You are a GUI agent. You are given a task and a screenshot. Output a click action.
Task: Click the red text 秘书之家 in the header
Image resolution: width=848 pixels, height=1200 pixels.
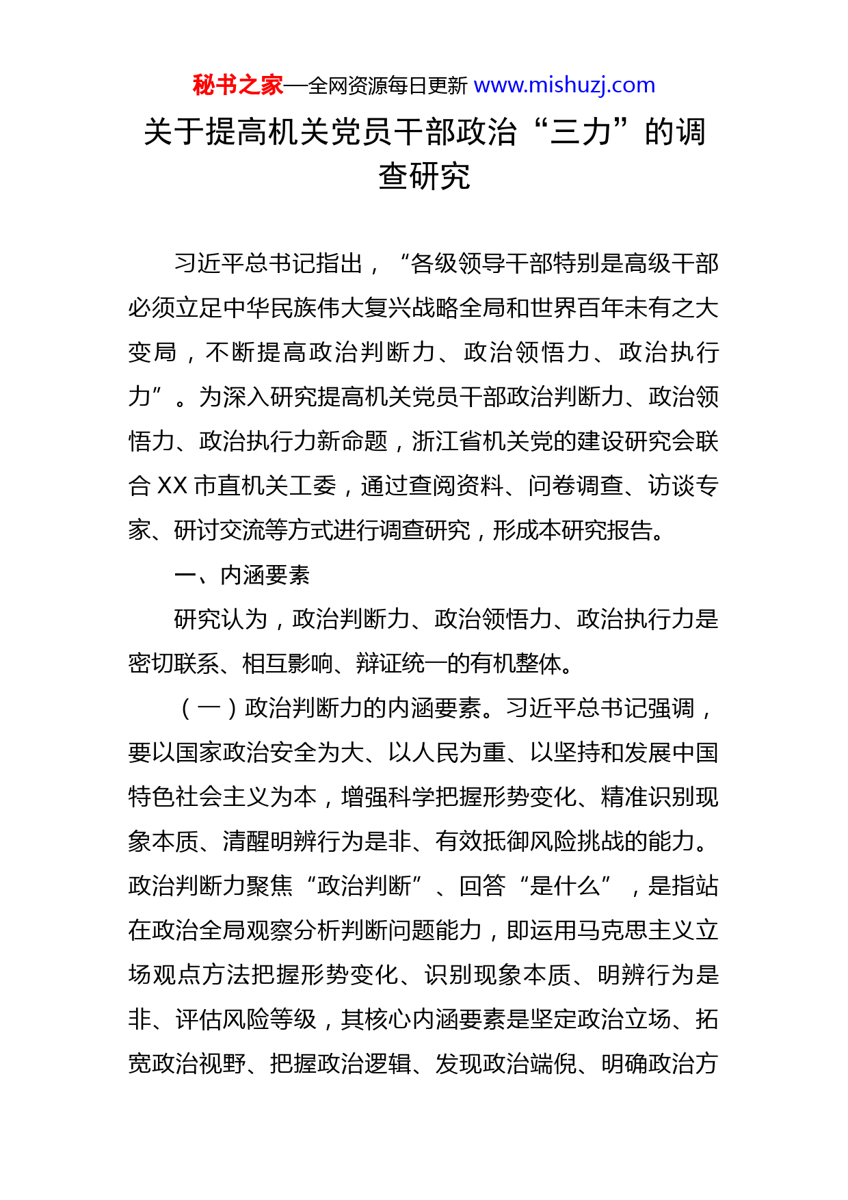click(237, 86)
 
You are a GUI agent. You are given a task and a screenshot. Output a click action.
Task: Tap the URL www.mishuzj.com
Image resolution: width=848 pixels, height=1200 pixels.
click(564, 86)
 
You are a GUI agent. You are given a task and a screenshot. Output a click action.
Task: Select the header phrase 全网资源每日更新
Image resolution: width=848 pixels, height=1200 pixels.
click(388, 86)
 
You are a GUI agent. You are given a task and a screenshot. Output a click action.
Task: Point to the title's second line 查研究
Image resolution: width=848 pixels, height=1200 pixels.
click(424, 177)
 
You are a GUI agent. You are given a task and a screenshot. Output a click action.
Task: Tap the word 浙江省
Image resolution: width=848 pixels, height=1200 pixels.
click(447, 441)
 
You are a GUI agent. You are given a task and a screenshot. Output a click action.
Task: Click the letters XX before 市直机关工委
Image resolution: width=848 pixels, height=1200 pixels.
click(172, 486)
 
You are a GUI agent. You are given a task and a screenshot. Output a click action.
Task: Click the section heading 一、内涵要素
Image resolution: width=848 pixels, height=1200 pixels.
click(242, 575)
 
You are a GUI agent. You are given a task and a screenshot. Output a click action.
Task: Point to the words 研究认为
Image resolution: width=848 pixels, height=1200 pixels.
click(220, 619)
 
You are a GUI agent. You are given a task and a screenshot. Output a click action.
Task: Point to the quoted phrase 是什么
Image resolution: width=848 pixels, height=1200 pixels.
click(565, 886)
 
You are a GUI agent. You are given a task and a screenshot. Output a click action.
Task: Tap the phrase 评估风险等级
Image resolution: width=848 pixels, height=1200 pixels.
click(246, 1019)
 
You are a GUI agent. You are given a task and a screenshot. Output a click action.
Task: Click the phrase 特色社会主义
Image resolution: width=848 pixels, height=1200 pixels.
click(198, 797)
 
